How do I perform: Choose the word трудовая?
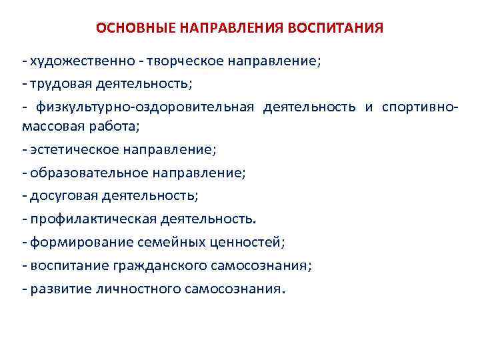coord(59,85)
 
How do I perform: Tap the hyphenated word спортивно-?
coord(420,108)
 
